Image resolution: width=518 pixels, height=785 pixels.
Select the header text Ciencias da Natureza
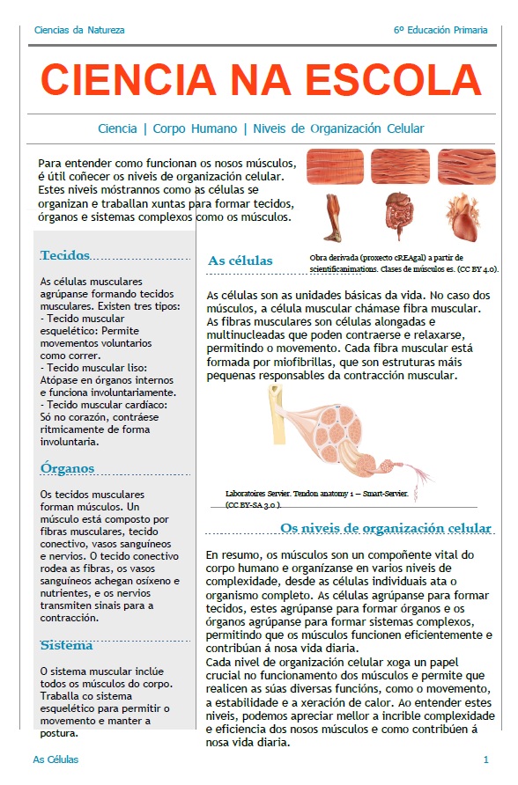(x=79, y=30)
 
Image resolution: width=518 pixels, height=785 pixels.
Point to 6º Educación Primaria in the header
(x=440, y=30)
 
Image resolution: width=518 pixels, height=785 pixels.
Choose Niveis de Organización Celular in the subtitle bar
(x=338, y=128)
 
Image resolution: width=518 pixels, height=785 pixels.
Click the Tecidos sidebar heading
(x=65, y=255)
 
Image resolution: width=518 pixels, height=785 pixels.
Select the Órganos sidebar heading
(x=67, y=468)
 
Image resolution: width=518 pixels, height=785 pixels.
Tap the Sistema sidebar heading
(x=66, y=645)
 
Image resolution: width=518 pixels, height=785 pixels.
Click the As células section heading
(x=240, y=260)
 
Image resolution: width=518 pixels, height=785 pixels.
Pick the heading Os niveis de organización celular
(x=386, y=528)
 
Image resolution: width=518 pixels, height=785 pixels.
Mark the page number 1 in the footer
(x=486, y=759)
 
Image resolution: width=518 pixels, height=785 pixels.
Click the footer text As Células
(x=55, y=759)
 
